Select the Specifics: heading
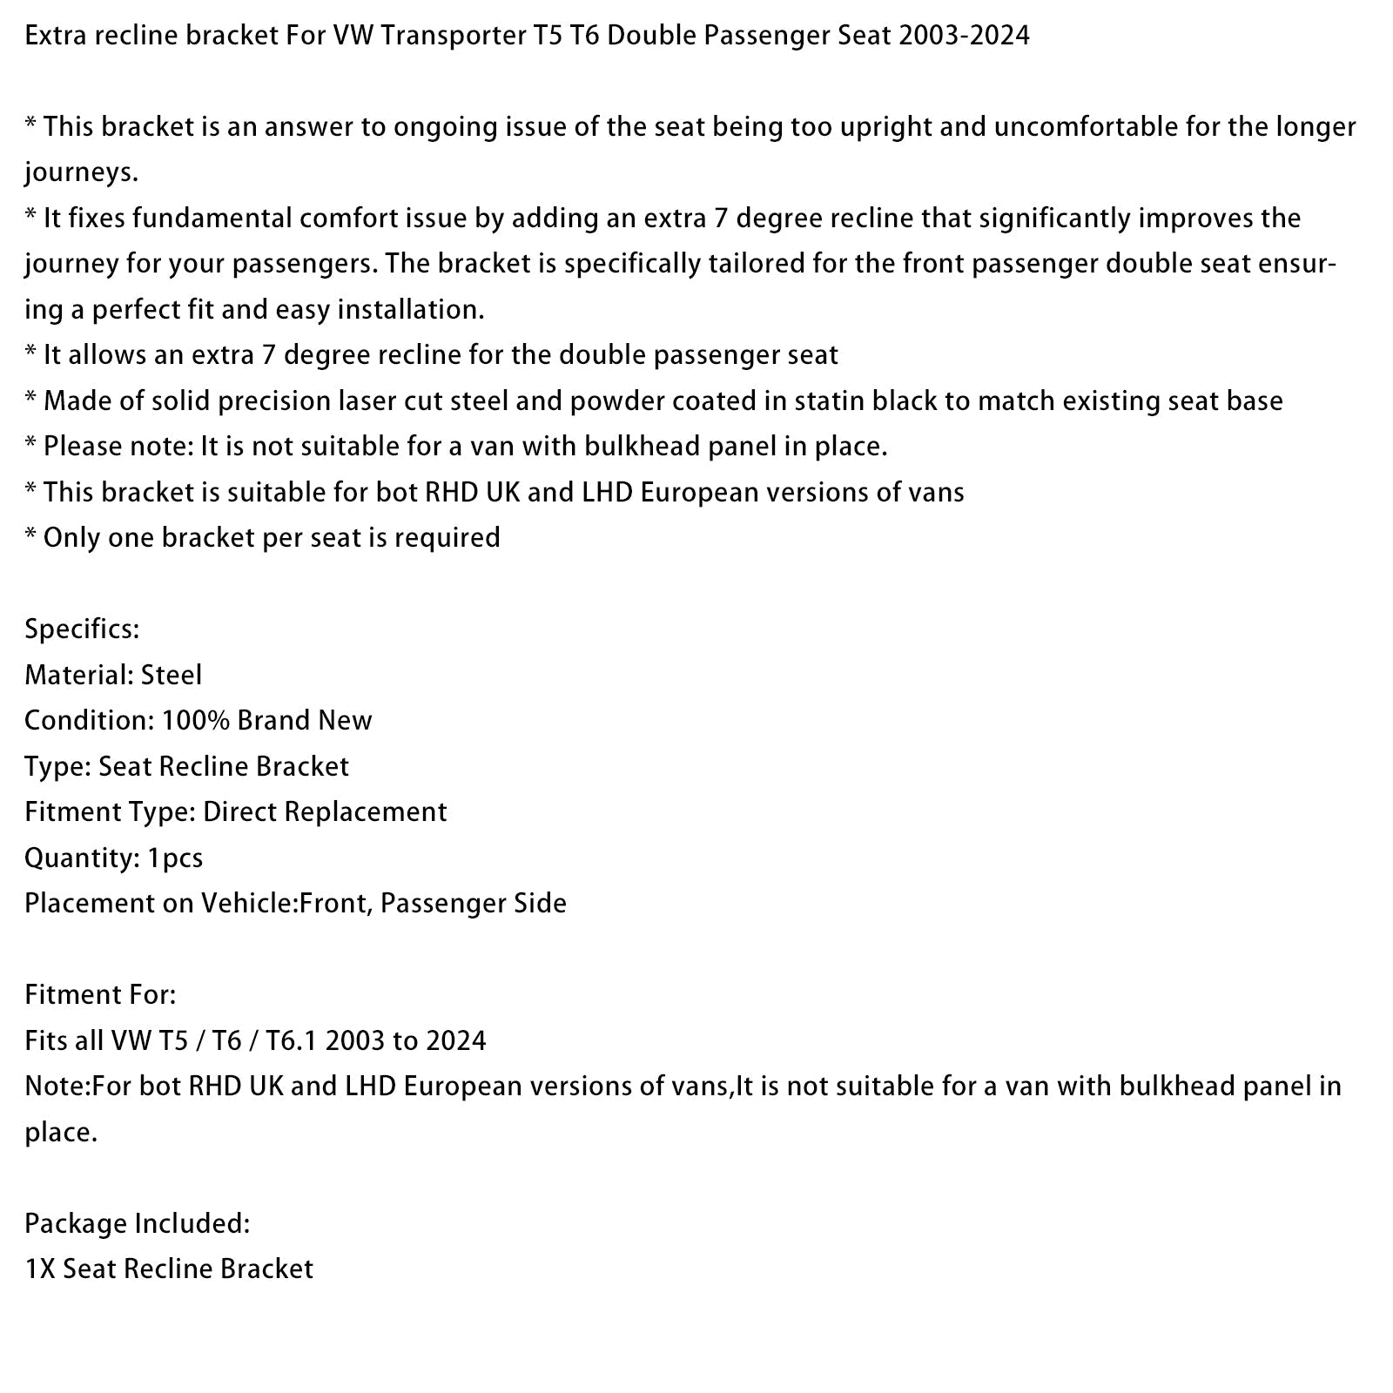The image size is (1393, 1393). point(82,629)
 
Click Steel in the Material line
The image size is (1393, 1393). point(172,675)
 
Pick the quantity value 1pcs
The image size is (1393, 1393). point(175,858)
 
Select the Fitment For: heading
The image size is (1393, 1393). point(100,994)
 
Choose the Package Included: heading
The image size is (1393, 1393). point(137,1223)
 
